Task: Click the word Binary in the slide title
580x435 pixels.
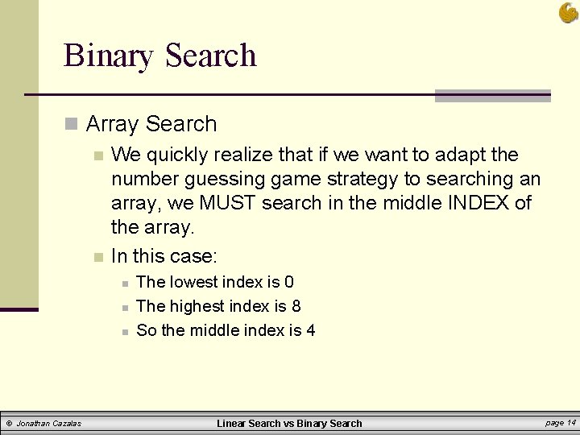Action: tap(109, 56)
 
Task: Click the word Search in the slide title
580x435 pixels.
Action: tap(210, 56)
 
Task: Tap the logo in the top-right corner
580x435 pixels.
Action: tap(568, 13)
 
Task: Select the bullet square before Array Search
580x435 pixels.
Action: tap(72, 124)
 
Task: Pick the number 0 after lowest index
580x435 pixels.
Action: tap(288, 282)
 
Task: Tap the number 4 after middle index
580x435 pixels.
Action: tap(310, 330)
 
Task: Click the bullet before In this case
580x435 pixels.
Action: tap(97, 257)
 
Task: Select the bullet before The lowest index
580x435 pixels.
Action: tap(124, 283)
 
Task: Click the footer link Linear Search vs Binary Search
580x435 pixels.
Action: tap(290, 423)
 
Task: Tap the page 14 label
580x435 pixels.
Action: tap(560, 422)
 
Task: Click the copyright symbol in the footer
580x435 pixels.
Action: tap(8, 423)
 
